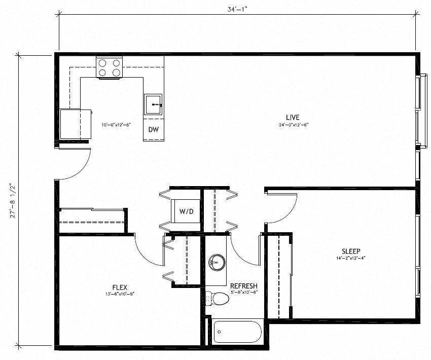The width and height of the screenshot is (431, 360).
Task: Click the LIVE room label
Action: (x=293, y=118)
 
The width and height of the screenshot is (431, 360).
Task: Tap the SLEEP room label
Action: (x=351, y=251)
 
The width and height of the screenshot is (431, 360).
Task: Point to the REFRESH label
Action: (x=244, y=286)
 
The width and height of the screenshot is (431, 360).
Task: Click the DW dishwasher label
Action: (x=154, y=129)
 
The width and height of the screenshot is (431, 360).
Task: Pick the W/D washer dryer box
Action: (x=185, y=211)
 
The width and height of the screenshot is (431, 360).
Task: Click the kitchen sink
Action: (x=153, y=104)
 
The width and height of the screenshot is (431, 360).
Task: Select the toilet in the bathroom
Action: (x=218, y=299)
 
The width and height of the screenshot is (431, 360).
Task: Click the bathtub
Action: (x=238, y=333)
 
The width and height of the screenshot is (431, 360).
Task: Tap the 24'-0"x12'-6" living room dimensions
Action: (x=294, y=125)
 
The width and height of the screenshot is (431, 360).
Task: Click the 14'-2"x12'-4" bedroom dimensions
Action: (x=350, y=258)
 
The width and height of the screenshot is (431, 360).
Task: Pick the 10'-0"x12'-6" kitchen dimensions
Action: (x=116, y=125)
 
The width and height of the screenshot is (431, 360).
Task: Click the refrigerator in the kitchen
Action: (x=76, y=124)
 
